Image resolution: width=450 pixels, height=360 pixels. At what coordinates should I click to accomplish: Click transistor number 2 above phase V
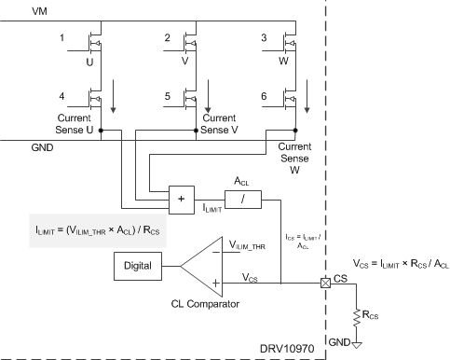[x=193, y=44]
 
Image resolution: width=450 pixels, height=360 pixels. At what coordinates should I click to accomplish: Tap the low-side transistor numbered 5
[x=193, y=98]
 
